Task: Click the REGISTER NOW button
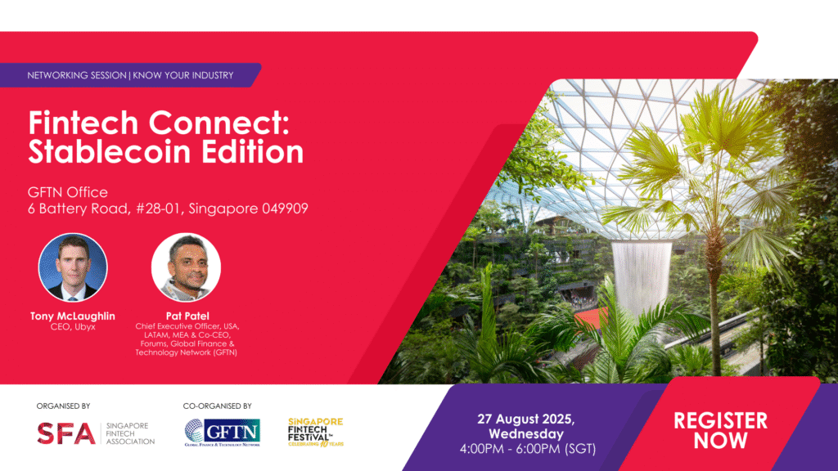(x=720, y=430)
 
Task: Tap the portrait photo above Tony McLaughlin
(x=73, y=267)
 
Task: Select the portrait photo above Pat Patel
(x=186, y=267)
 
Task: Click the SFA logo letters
(x=66, y=433)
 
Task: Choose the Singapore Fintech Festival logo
(x=316, y=432)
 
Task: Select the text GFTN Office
(x=68, y=192)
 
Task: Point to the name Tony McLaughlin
(x=74, y=316)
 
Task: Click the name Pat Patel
(x=187, y=316)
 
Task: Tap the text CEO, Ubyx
(x=74, y=328)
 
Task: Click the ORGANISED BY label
(x=63, y=406)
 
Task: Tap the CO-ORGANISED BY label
(x=217, y=406)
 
